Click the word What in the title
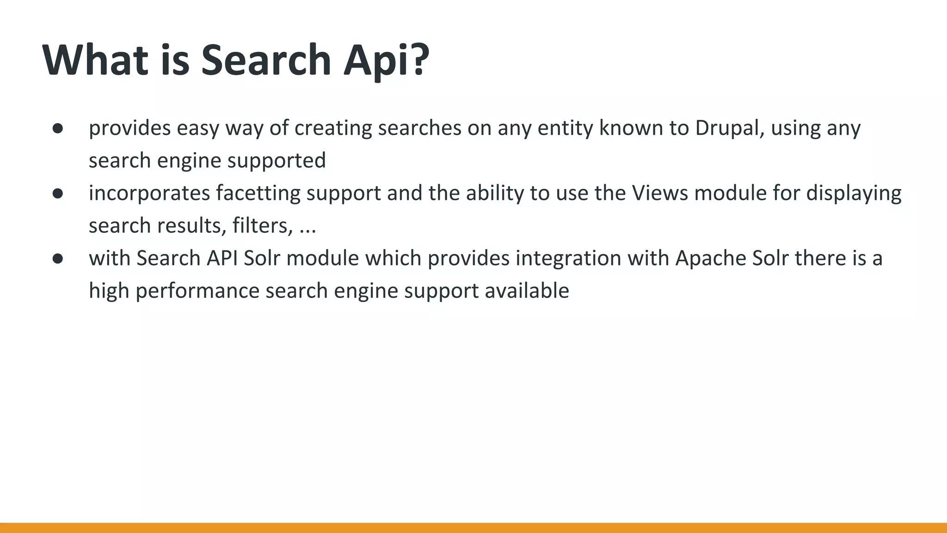(95, 60)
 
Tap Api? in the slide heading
(387, 60)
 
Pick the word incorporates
(149, 193)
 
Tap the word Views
(660, 193)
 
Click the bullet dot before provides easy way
(58, 128)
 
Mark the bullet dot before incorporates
(58, 193)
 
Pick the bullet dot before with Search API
(58, 259)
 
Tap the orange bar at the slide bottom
(473, 527)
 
